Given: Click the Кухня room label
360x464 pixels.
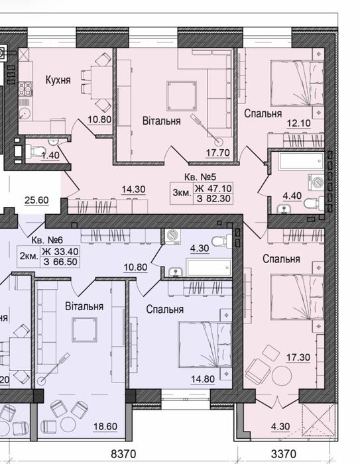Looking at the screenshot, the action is [58, 80].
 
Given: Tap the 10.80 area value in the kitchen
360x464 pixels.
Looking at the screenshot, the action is [99, 119].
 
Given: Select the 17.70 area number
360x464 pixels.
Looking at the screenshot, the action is [218, 152].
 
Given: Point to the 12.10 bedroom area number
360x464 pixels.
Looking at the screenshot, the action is [299, 123].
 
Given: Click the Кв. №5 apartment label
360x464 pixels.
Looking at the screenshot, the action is [200, 177].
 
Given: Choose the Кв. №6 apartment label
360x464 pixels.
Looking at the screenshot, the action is [47, 240].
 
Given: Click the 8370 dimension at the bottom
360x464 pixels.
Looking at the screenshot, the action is [123, 453].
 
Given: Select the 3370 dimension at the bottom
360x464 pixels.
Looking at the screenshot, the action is [284, 453].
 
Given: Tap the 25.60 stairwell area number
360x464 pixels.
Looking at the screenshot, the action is [36, 200].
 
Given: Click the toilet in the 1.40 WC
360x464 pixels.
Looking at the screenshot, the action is [34, 151].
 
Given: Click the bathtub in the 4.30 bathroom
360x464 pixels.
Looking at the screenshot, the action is [209, 268].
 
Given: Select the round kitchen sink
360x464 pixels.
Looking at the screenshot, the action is [25, 113].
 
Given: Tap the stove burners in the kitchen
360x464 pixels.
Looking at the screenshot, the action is [25, 89].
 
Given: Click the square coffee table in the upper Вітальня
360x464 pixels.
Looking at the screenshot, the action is [182, 96].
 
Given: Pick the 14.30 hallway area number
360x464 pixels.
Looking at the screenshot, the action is [133, 190].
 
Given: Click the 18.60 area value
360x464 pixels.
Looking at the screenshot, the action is [105, 426].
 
